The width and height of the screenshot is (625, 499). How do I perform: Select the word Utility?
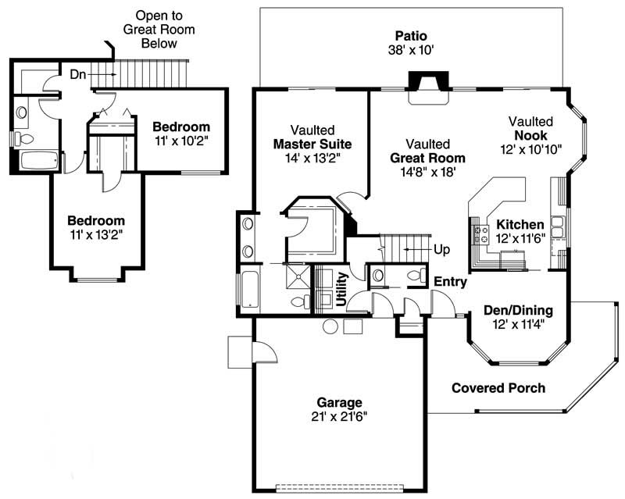(x=341, y=288)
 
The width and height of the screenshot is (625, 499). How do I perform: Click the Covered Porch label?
(x=498, y=388)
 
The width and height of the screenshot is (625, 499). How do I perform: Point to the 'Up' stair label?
(x=441, y=250)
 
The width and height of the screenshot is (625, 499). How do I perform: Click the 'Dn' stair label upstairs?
(x=78, y=74)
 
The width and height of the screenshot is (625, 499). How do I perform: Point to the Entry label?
(x=450, y=281)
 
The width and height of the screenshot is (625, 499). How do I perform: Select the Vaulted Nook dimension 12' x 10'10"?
(x=531, y=148)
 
